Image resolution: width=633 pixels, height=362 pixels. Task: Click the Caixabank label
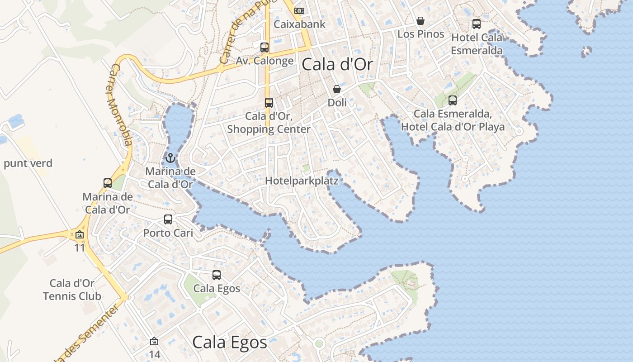(x=300, y=24)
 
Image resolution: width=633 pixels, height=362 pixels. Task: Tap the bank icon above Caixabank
(x=299, y=10)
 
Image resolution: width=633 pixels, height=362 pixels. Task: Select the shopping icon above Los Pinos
(x=420, y=21)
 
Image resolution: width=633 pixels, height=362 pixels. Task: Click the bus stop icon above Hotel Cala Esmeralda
(x=476, y=24)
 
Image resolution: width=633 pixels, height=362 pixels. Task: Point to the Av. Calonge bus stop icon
(x=265, y=47)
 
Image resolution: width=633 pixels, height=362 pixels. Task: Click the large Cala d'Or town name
(x=337, y=64)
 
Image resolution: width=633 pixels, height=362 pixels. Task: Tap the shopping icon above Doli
(x=337, y=89)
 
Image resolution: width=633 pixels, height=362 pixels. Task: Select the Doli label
(x=337, y=103)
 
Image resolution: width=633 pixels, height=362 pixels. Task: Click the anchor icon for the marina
(x=170, y=158)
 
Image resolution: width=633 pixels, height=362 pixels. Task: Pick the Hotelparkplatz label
(x=302, y=181)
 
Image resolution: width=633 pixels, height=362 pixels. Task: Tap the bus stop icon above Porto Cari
(x=168, y=219)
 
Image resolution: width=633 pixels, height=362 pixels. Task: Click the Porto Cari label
(x=168, y=233)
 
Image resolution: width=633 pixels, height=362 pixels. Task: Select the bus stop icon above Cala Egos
(x=217, y=275)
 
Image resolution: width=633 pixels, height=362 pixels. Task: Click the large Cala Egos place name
(x=230, y=343)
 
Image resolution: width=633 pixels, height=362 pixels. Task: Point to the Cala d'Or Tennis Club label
(x=72, y=290)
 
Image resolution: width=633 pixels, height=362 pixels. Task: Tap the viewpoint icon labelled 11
(x=80, y=234)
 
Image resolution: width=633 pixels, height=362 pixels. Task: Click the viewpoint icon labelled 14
(x=154, y=341)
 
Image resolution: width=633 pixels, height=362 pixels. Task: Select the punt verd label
(x=28, y=163)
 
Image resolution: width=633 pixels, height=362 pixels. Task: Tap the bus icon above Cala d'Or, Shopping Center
(x=269, y=103)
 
